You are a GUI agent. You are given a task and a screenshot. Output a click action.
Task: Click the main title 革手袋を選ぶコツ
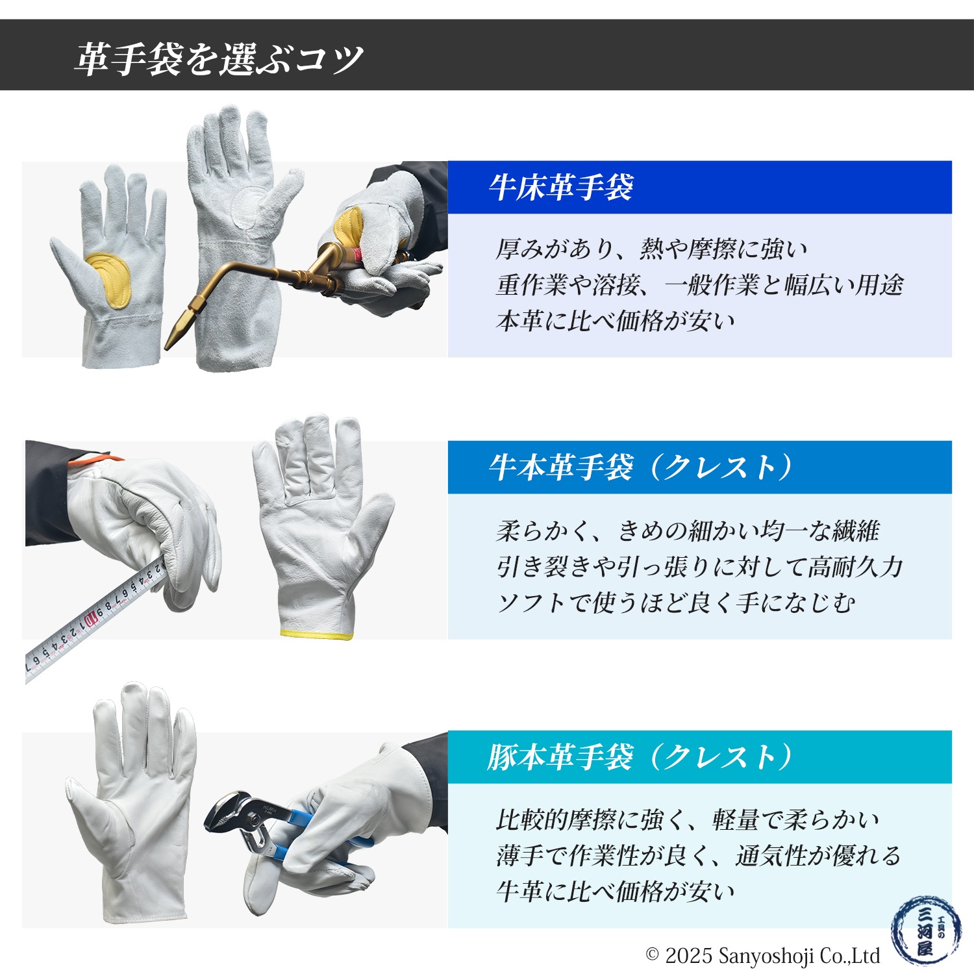218,60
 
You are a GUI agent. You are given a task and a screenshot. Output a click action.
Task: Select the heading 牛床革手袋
561,188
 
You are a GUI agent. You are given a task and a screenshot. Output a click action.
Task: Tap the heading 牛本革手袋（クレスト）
640,468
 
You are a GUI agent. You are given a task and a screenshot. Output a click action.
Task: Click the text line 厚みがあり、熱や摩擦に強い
651,249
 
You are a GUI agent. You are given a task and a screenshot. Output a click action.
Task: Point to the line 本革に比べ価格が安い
615,321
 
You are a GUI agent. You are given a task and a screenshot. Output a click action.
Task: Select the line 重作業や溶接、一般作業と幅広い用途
699,284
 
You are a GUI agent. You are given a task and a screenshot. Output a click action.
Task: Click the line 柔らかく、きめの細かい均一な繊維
687,531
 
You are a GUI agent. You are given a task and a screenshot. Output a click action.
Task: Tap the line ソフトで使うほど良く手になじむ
675,603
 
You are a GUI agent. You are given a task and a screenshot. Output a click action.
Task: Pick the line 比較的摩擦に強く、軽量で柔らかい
687,820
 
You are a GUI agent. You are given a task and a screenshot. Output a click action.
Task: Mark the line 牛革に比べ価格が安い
615,892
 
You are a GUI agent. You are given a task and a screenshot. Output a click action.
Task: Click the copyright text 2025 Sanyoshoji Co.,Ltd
764,956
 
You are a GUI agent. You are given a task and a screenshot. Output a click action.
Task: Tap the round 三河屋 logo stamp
925,932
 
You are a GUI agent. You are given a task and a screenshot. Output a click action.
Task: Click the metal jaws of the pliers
224,812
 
